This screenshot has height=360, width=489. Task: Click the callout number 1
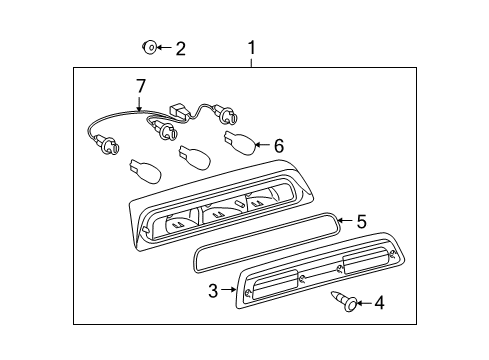pos(252,48)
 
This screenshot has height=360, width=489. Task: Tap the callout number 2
pos(180,49)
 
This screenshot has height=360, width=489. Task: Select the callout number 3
pos(213,291)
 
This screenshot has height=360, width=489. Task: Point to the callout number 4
pos(379,303)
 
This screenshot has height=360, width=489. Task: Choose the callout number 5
pos(361,221)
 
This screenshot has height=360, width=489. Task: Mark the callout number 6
pos(279,146)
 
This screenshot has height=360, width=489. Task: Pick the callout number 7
pos(141,86)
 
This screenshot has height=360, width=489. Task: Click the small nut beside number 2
pos(149,47)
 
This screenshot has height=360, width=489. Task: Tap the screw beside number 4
pos(344,301)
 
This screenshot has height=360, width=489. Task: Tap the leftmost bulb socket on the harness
pos(108,144)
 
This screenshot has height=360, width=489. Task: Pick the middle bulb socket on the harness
pos(165,130)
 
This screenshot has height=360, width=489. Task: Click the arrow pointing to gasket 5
pos(346,220)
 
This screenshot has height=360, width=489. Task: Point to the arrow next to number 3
pos(229,290)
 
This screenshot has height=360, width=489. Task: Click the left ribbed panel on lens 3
pos(276,284)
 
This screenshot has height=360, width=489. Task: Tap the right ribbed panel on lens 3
pos(365,262)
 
